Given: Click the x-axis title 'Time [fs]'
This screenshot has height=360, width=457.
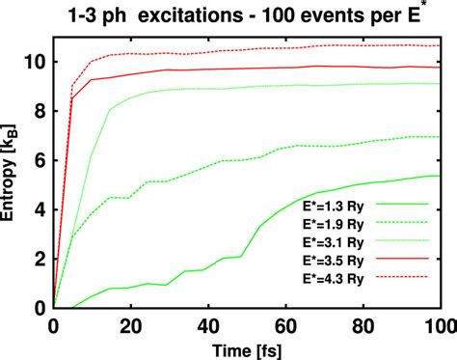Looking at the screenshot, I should [248, 348].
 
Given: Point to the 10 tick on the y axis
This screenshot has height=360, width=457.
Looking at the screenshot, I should [34, 61].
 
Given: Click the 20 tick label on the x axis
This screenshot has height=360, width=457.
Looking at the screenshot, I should [131, 325].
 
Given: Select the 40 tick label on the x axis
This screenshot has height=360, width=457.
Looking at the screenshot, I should [209, 325].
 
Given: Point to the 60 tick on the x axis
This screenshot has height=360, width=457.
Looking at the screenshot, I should [286, 325].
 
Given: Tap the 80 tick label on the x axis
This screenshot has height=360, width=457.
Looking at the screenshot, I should [364, 325].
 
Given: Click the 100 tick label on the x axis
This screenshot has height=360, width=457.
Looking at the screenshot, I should [439, 325].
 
